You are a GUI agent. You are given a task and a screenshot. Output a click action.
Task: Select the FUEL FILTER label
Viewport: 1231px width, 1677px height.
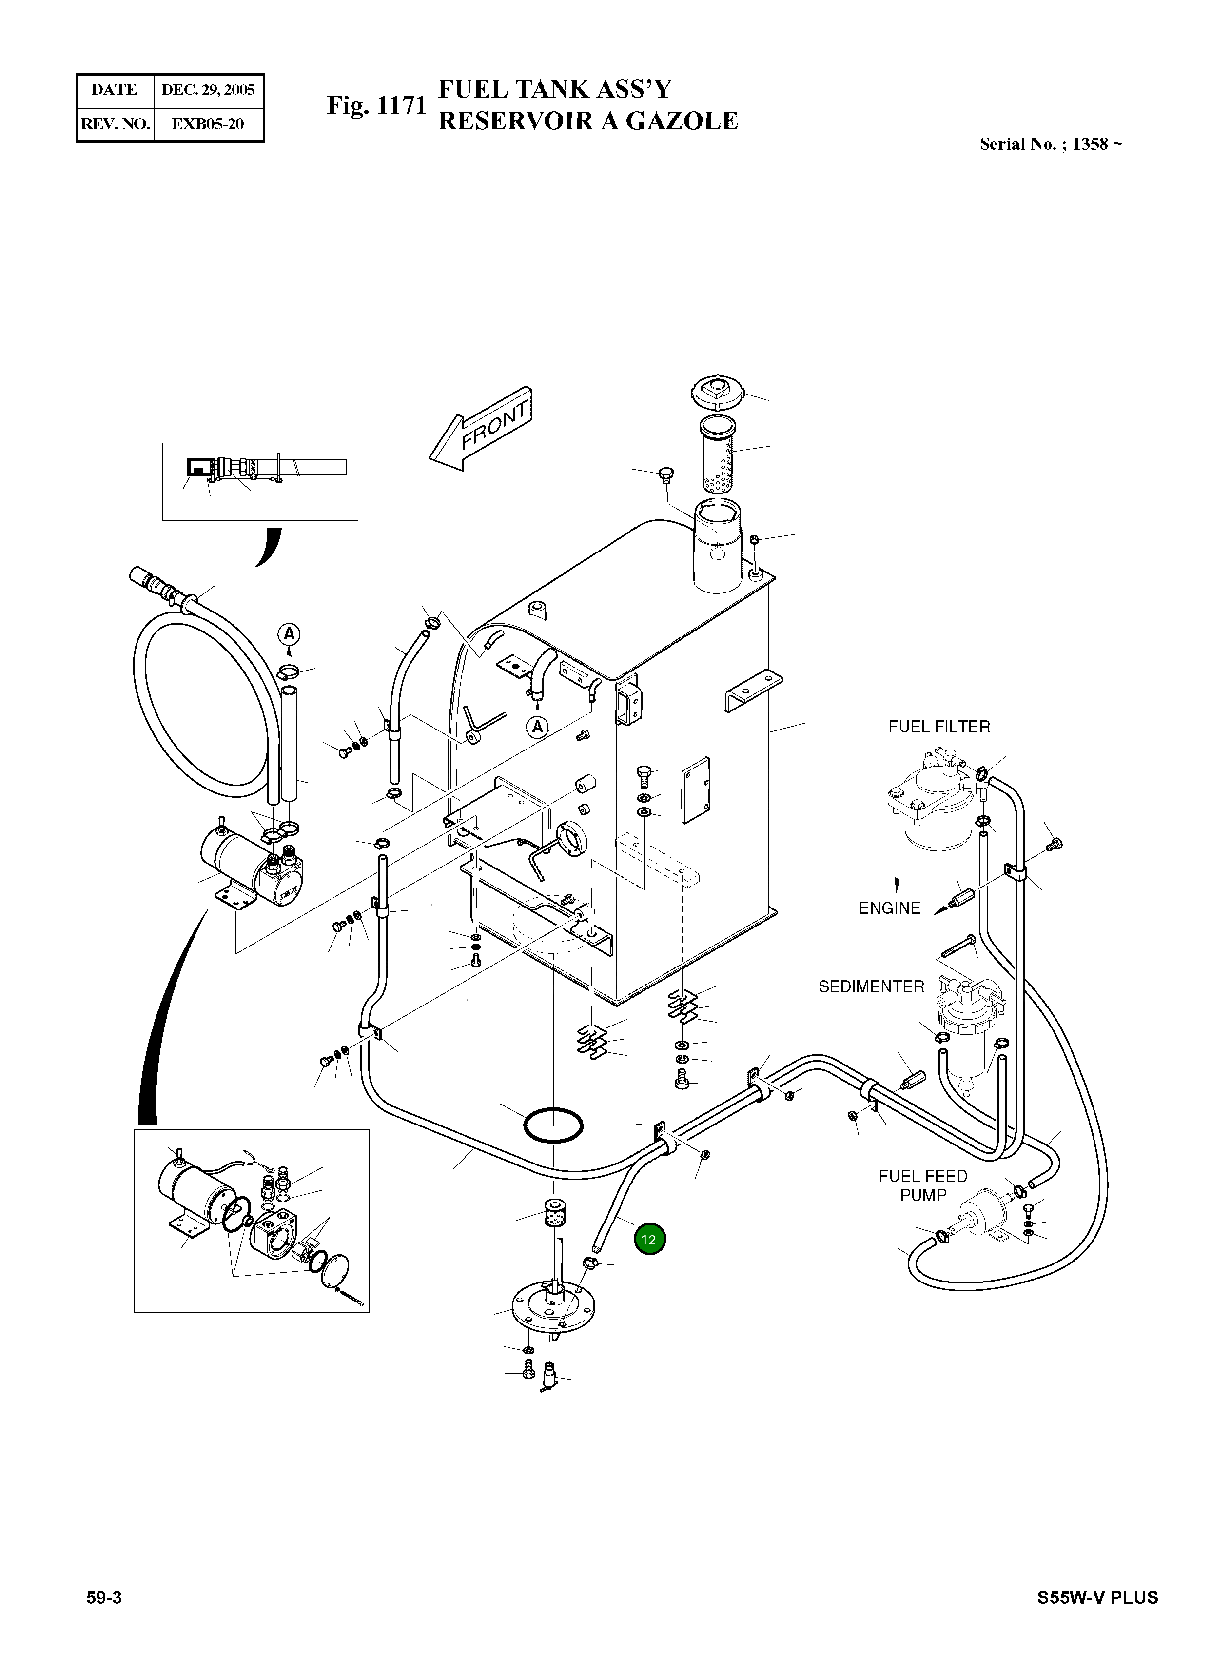point(939,727)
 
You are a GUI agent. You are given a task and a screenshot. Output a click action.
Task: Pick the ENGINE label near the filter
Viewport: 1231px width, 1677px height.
point(890,908)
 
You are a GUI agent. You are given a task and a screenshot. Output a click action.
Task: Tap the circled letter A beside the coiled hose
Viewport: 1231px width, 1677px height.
point(289,635)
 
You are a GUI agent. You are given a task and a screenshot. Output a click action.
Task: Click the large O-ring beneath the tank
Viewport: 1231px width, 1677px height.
point(553,1125)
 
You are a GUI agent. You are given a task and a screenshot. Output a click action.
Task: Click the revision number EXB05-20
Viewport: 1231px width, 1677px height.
point(208,124)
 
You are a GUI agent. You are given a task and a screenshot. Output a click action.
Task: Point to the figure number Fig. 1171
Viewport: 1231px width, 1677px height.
point(376,105)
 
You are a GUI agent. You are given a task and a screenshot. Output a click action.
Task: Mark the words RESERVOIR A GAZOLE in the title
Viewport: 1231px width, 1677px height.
point(588,121)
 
